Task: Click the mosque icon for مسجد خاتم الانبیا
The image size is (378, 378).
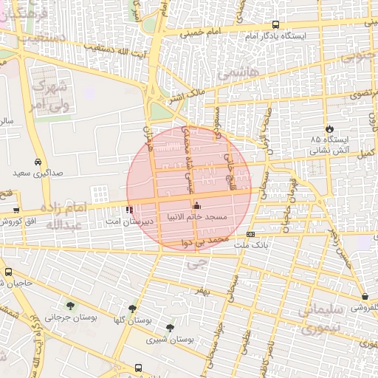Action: [196, 207]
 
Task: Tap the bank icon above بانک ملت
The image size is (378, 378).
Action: [251, 234]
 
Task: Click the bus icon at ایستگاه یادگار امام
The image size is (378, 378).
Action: [276, 24]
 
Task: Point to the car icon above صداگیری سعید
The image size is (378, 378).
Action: [37, 162]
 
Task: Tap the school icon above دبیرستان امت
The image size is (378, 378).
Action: [131, 210]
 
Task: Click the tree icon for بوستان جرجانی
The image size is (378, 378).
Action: [71, 306]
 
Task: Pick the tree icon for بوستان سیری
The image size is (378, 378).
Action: [171, 328]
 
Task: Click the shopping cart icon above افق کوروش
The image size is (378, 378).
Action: [16, 210]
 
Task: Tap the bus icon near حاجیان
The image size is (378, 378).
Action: [8, 272]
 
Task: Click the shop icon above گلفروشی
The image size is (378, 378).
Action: [365, 296]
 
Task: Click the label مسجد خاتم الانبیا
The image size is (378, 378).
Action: [219, 218]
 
